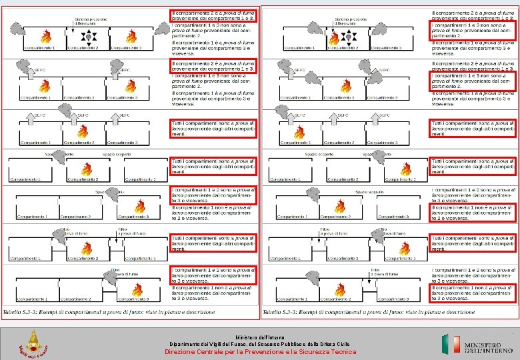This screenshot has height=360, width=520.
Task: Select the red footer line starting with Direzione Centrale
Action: pos(260,351)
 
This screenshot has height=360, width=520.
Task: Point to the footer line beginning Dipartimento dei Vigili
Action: pos(260,344)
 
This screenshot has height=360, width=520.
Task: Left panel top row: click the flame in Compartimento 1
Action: pos(45,37)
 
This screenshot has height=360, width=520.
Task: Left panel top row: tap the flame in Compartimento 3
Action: pos(131,37)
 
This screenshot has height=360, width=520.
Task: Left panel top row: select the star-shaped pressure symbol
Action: pos(87,37)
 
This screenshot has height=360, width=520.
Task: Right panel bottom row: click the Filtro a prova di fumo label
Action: pos(376,271)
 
